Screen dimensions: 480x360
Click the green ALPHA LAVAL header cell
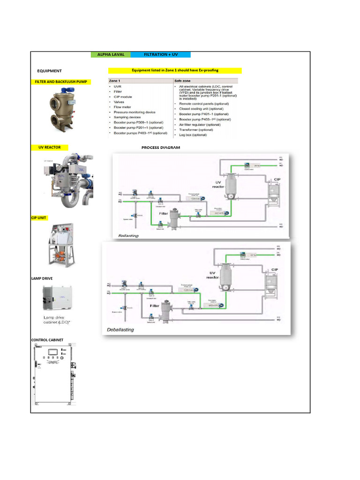(111, 54)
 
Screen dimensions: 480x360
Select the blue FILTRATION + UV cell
(161, 54)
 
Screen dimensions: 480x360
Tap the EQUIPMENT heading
(49, 71)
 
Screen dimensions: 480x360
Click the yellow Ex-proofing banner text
(175, 70)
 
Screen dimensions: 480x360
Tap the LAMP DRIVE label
(42, 278)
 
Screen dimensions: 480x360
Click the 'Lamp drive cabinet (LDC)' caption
(59, 320)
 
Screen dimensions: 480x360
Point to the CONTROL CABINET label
(47, 340)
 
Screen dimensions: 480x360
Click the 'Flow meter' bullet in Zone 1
(123, 107)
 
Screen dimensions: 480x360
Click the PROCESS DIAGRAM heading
(161, 148)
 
